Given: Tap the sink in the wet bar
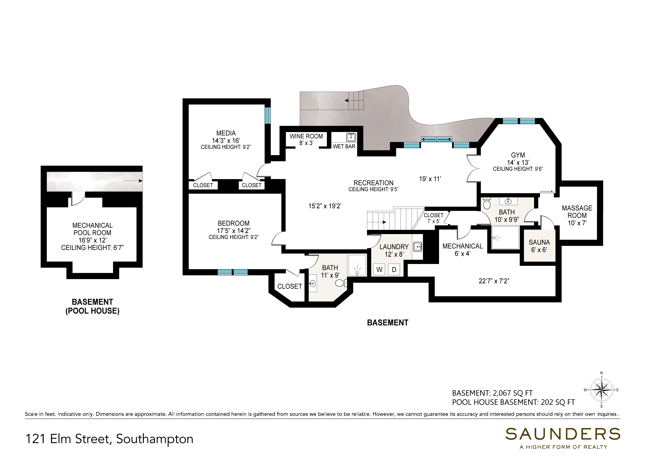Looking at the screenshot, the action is [x=351, y=137].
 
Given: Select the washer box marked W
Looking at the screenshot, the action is [x=379, y=270].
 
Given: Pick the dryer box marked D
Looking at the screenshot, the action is [x=394, y=270].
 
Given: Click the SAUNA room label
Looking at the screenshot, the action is [x=539, y=242].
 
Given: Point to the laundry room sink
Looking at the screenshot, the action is [x=418, y=247].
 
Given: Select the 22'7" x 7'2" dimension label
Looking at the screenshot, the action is [x=494, y=281].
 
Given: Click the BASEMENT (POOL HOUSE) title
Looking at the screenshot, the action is [x=92, y=306].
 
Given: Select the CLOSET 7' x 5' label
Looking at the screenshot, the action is [x=433, y=218].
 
